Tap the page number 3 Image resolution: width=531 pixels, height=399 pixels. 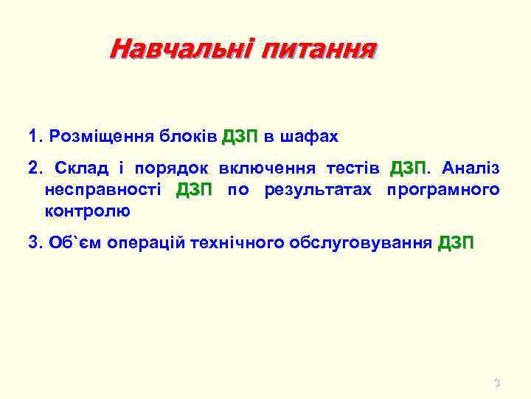(x=496, y=383)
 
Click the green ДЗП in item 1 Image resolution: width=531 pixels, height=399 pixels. (x=239, y=137)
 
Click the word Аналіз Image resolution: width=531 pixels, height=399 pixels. (x=470, y=168)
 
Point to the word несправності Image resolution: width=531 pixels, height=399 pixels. (x=101, y=189)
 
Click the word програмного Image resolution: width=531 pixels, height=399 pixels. (x=443, y=190)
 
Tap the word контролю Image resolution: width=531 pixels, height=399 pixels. (x=87, y=211)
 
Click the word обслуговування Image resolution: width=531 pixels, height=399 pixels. (x=361, y=242)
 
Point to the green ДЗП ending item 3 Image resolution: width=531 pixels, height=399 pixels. (x=457, y=242)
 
